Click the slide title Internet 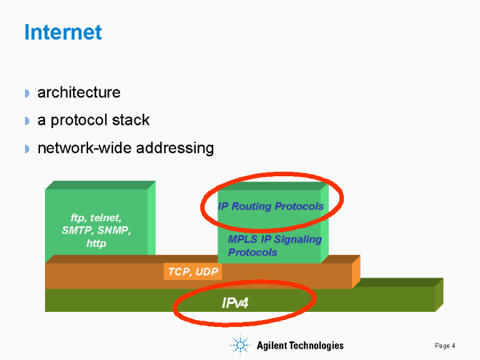click(62, 32)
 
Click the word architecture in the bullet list click(79, 92)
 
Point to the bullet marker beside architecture click(27, 93)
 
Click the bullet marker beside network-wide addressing click(27, 149)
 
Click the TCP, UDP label click(192, 272)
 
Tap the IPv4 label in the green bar click(235, 303)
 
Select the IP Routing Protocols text click(271, 206)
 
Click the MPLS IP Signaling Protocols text click(274, 246)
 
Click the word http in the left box click(96, 243)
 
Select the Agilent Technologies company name click(300, 346)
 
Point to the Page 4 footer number click(445, 346)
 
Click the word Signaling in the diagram click(294, 239)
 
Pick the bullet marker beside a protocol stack click(27, 121)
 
